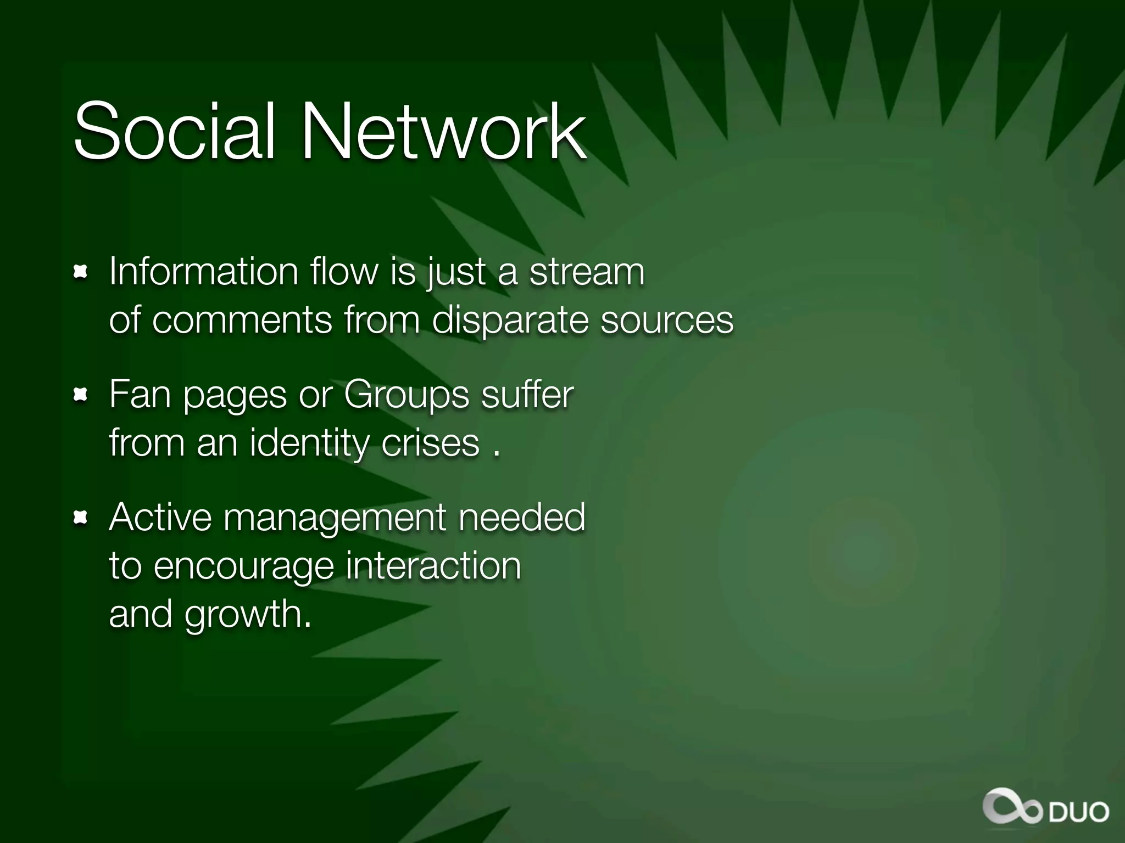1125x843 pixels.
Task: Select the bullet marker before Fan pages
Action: click(x=81, y=394)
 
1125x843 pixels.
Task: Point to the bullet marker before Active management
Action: click(x=81, y=517)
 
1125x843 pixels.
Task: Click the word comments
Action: click(x=242, y=320)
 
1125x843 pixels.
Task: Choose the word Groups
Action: click(x=406, y=395)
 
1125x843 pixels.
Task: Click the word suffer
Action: click(x=527, y=394)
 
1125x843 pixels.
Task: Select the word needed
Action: click(x=521, y=517)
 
